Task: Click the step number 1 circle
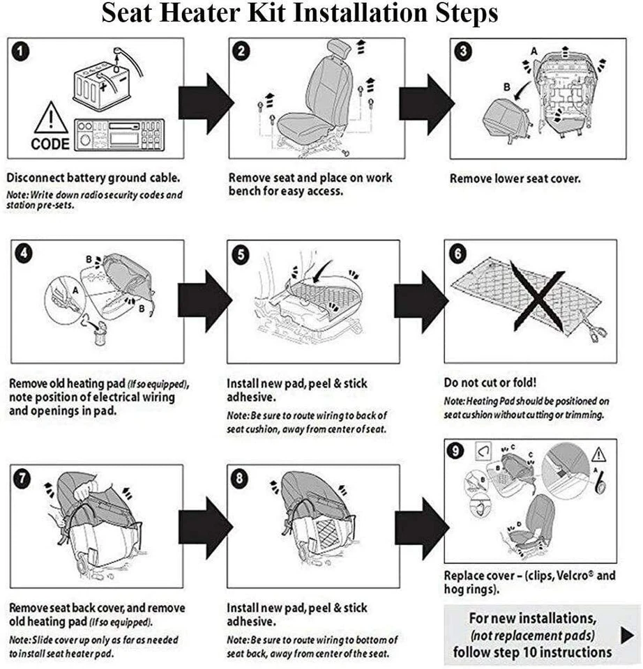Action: point(22,51)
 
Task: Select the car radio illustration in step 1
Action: point(118,134)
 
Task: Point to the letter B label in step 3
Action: point(506,87)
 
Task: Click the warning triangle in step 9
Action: point(598,456)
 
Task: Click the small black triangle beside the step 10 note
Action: point(627,634)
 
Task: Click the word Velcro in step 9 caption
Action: point(573,576)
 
